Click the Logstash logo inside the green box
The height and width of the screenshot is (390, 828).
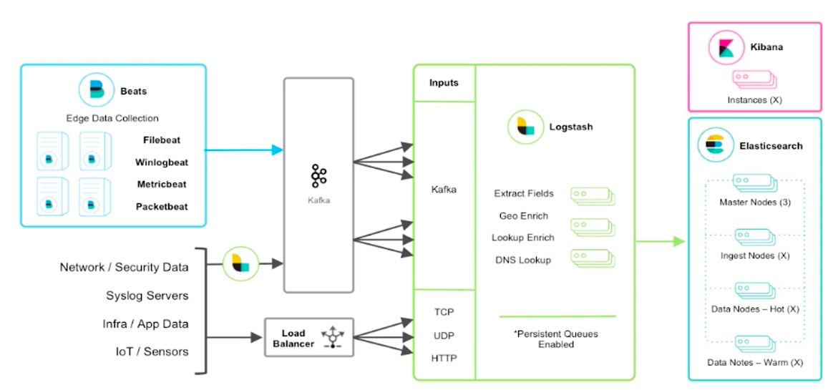pos(526,127)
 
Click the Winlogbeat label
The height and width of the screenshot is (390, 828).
pos(161,162)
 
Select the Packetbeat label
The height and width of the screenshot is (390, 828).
pos(162,206)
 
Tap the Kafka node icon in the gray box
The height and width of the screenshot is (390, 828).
pos(318,176)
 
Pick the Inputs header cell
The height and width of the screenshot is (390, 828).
pos(444,83)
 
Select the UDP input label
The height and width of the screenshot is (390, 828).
pos(444,336)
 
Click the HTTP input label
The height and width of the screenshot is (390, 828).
pos(444,359)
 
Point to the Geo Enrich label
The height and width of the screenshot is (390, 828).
pos(523,216)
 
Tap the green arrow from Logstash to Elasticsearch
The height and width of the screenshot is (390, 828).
pos(660,242)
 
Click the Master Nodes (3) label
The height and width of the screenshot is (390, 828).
pos(754,202)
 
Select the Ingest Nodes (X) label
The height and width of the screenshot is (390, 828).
pos(754,255)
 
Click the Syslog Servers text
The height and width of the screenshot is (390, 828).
pos(147,296)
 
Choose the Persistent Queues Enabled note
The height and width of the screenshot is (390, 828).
pos(556,339)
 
